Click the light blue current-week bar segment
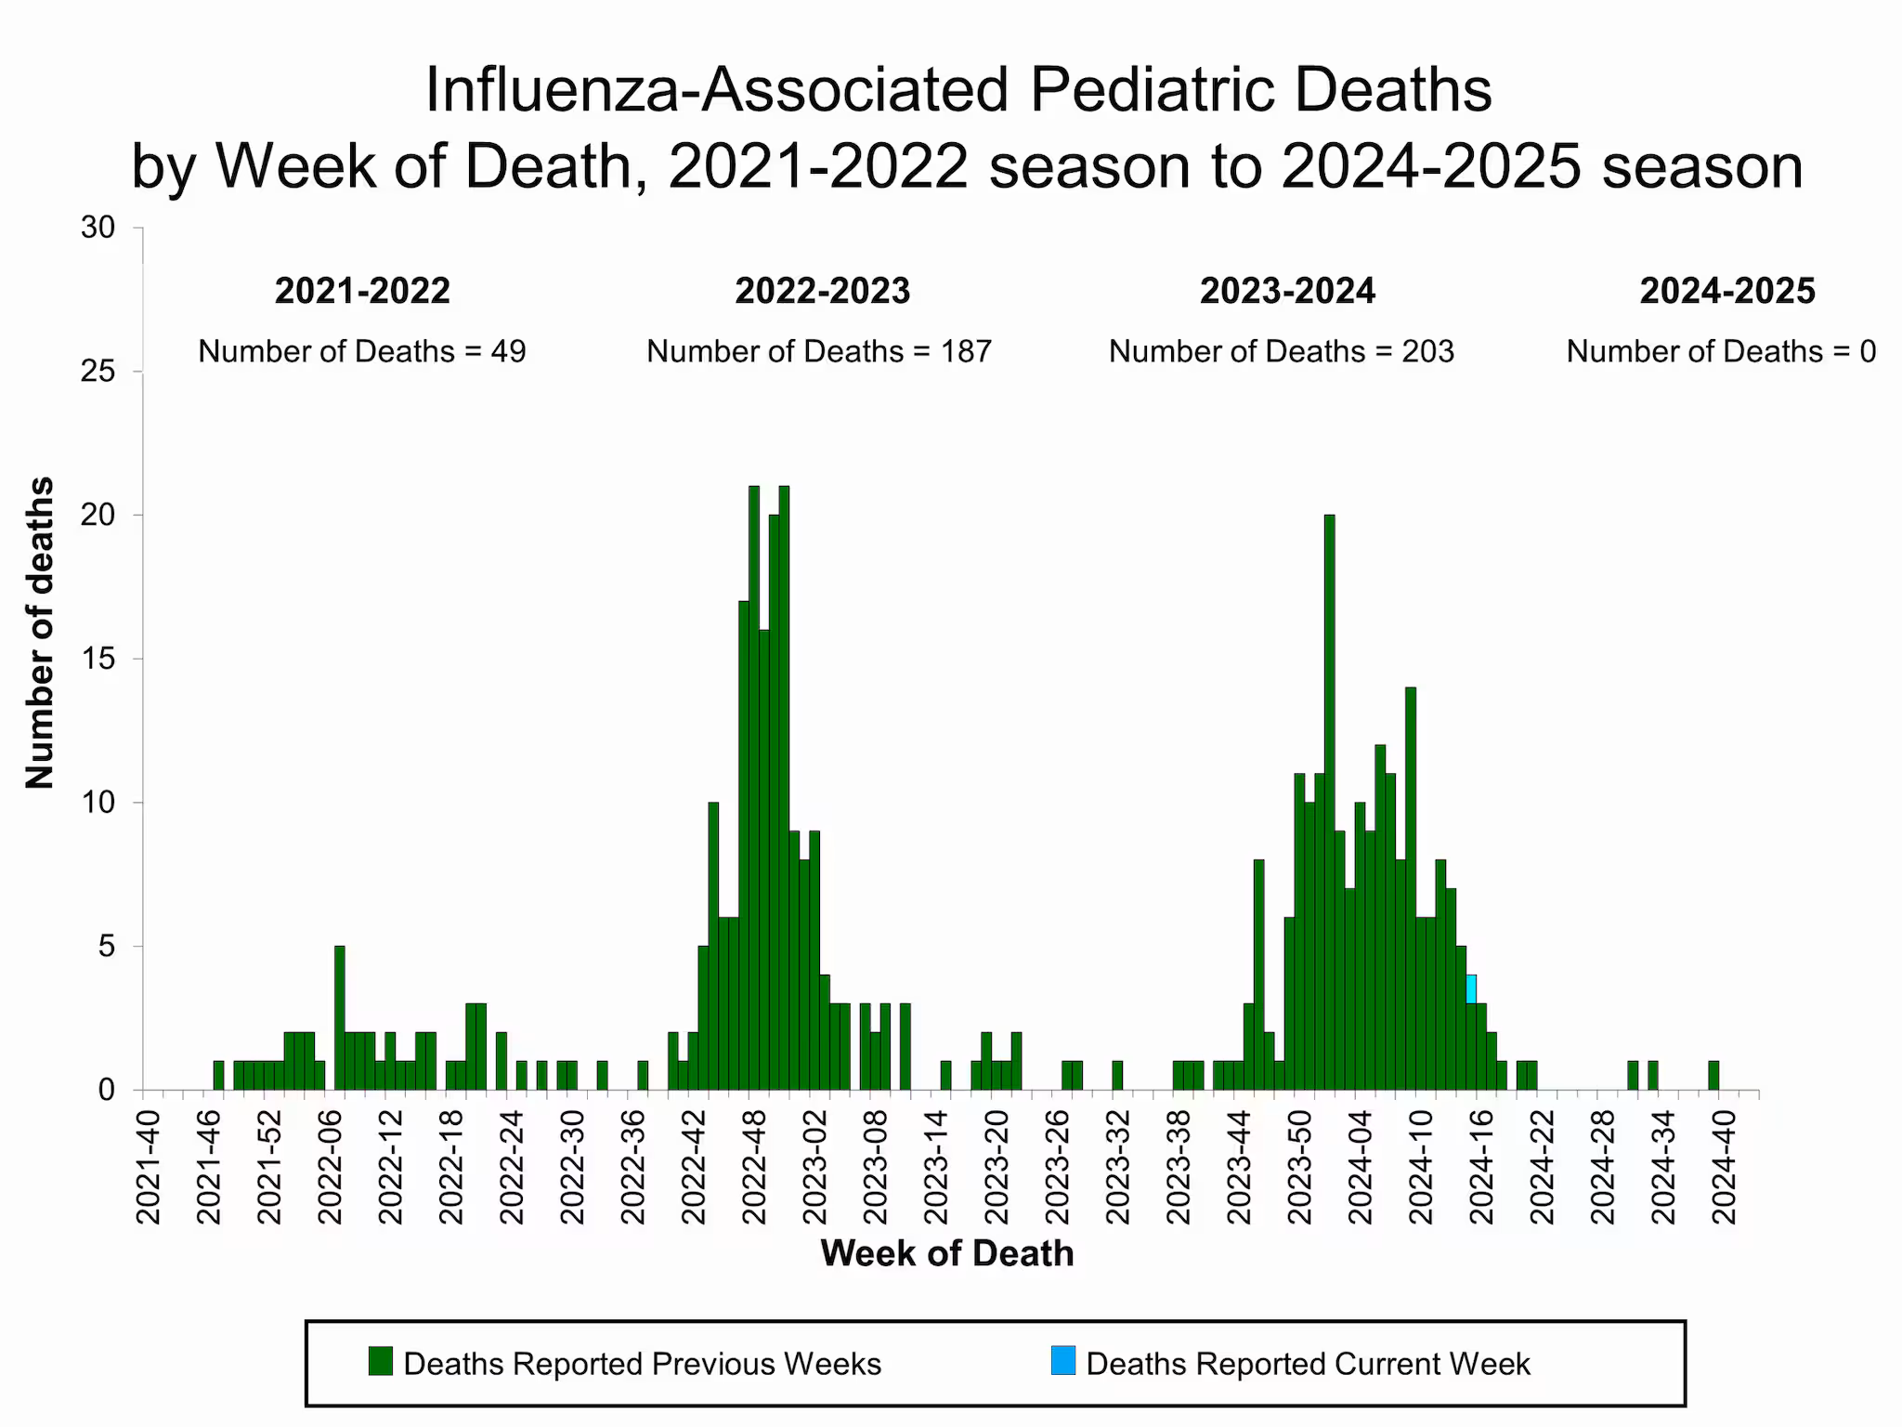point(1471,988)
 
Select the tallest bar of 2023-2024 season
point(1329,799)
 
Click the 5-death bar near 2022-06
point(339,1017)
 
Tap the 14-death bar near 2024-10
point(1410,887)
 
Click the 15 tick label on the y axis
point(99,659)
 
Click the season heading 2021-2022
point(362,291)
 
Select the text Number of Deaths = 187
point(819,351)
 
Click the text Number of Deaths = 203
point(1282,351)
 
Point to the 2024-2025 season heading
point(1726,291)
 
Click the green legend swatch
point(381,1361)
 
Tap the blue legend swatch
point(1062,1361)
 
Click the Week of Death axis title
point(946,1253)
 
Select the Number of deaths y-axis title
point(40,633)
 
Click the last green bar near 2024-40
point(1713,1075)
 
